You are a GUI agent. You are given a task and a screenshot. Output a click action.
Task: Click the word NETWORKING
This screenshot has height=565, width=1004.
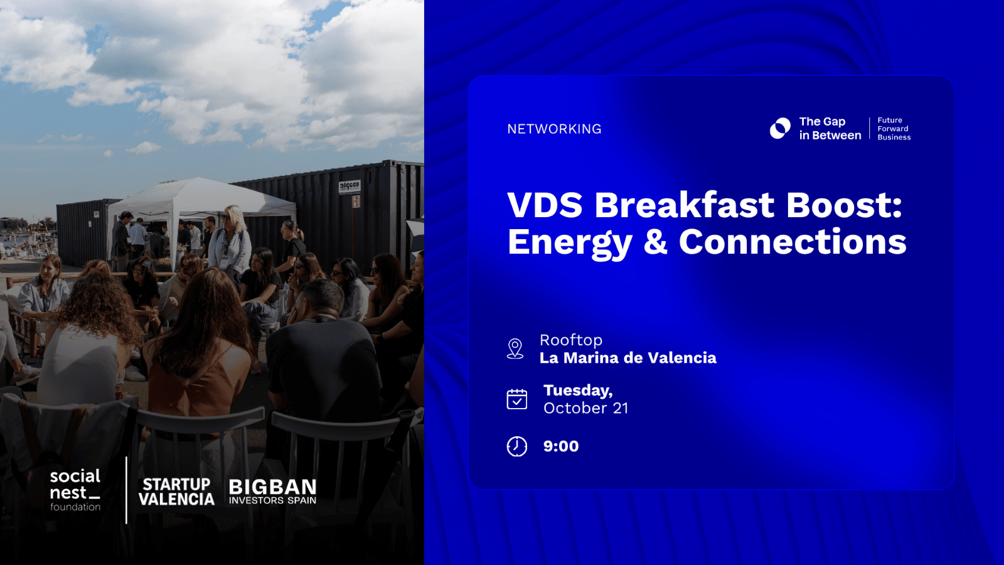click(x=554, y=129)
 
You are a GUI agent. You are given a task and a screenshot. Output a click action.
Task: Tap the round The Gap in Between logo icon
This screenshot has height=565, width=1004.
click(x=781, y=128)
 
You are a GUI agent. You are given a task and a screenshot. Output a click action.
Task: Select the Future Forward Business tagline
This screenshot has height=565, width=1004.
click(x=894, y=129)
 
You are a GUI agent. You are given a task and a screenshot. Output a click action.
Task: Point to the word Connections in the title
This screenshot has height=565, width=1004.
click(x=793, y=242)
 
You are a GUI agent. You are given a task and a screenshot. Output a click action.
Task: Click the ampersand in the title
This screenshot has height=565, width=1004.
click(x=655, y=242)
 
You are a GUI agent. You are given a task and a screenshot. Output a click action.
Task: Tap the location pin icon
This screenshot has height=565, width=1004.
click(x=515, y=349)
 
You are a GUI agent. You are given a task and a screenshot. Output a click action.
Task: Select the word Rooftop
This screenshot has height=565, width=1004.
click(x=570, y=340)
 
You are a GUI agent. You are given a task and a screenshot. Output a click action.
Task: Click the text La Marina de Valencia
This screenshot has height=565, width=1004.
click(x=627, y=358)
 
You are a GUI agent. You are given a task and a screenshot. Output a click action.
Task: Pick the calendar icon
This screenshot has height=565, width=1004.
click(x=517, y=399)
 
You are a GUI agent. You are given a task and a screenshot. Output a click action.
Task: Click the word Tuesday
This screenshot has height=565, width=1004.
click(x=578, y=390)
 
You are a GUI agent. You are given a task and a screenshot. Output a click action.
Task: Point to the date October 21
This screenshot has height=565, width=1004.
click(x=586, y=408)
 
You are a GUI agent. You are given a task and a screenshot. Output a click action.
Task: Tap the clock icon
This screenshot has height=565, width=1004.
click(x=517, y=446)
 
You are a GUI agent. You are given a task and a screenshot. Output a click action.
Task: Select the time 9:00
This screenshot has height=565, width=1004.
click(x=561, y=446)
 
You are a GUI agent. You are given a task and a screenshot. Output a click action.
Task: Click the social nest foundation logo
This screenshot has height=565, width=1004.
click(x=75, y=490)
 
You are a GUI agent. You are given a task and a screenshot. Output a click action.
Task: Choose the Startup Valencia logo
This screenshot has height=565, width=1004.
click(x=176, y=492)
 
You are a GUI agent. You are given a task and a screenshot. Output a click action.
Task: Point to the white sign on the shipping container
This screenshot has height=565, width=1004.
click(x=349, y=186)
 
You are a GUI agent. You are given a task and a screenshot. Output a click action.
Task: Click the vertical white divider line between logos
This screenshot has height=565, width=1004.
click(x=126, y=490)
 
